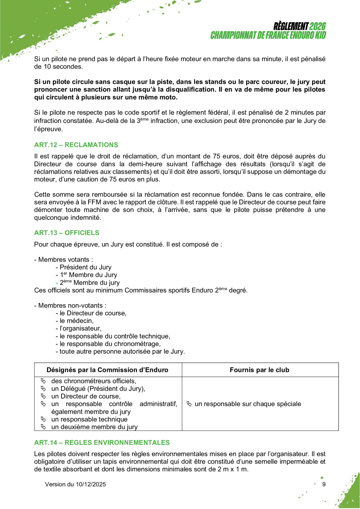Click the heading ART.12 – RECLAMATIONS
[76, 145]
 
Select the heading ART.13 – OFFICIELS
[67, 233]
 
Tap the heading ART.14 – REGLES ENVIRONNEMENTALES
[102, 443]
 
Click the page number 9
[324, 484]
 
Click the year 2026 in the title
[318, 27]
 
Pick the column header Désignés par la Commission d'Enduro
[107, 370]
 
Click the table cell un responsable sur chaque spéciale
[248, 404]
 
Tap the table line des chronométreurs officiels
[94, 381]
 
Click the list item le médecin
[76, 321]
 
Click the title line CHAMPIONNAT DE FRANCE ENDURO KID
[268, 35]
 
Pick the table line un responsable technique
[89, 419]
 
